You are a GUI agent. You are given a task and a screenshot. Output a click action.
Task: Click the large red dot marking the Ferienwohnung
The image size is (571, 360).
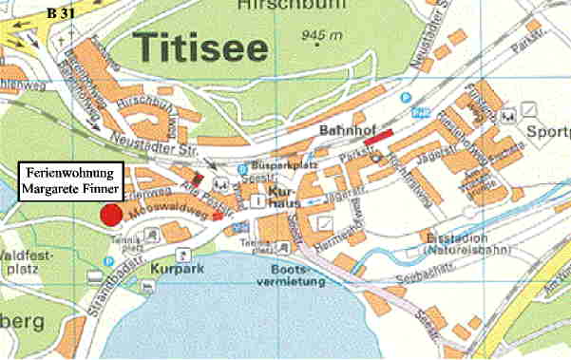[112, 215]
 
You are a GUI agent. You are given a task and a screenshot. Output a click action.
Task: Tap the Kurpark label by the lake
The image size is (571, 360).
[171, 269]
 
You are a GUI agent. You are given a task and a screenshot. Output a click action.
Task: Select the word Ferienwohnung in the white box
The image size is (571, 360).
[69, 173]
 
